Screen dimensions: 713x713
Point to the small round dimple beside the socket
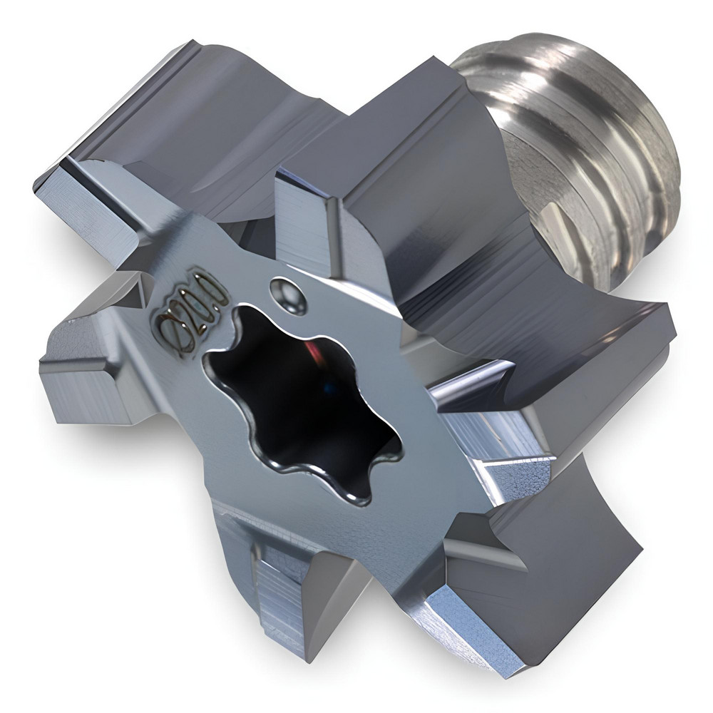[287, 294]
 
